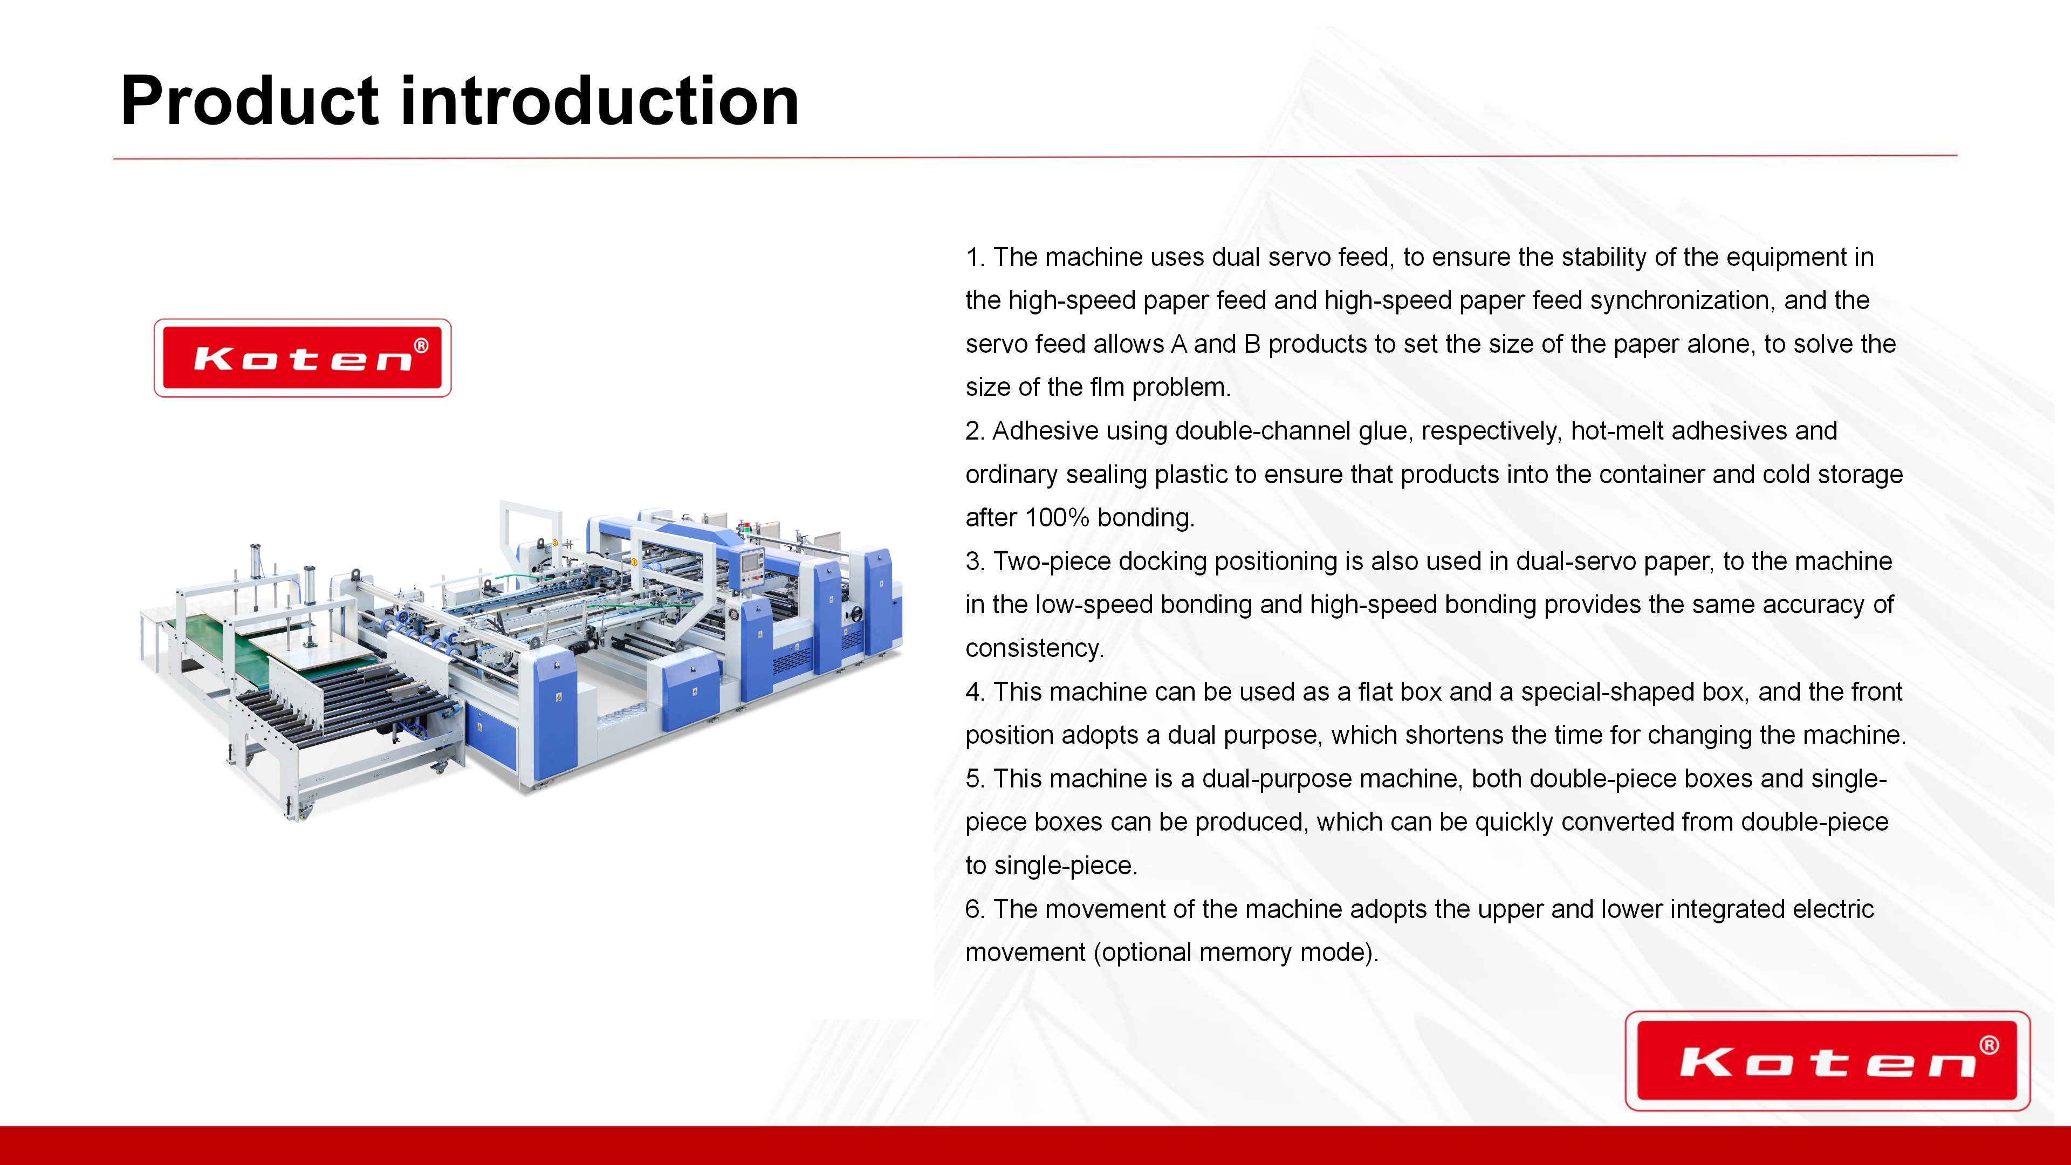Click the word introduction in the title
(600, 101)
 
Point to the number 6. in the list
(975, 909)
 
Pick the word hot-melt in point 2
(1617, 431)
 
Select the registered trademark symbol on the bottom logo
(1989, 1045)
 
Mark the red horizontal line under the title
(1035, 157)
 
